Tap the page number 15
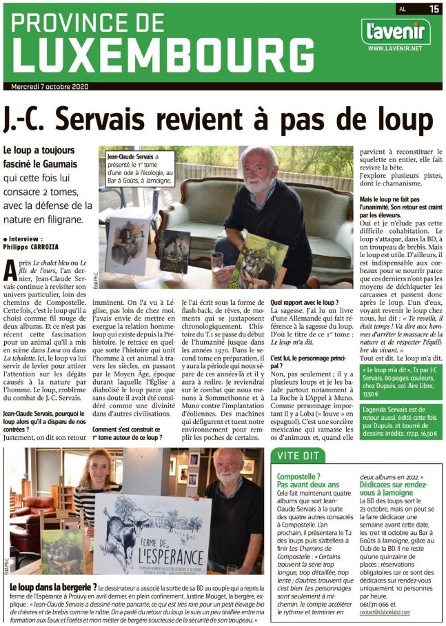[x=434, y=8]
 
